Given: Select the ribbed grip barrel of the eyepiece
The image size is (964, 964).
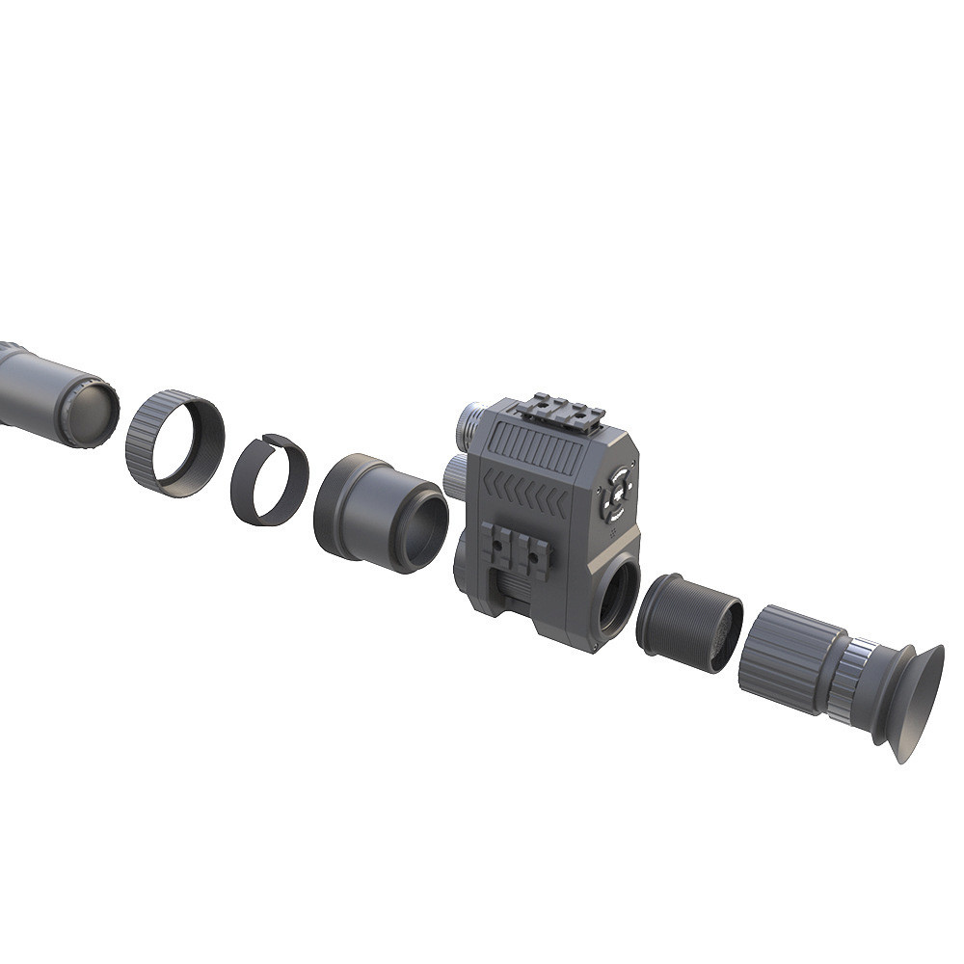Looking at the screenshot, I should (783, 659).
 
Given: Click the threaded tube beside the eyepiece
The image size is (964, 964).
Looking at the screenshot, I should (687, 623).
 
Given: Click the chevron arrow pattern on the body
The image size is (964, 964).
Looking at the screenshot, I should (525, 495).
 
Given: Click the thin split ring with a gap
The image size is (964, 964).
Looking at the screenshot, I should (269, 479).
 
